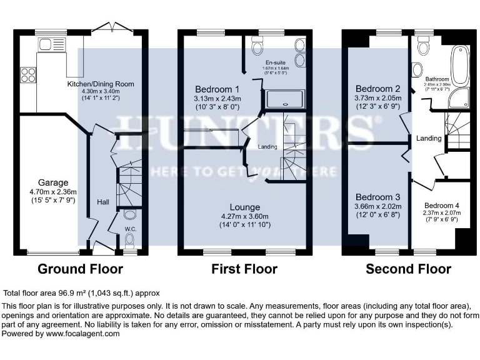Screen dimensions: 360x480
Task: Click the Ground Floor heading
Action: click(80, 269)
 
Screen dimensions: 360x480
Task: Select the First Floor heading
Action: click(244, 269)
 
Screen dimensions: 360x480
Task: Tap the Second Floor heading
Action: click(408, 269)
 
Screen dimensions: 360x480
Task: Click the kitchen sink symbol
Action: click(46, 44)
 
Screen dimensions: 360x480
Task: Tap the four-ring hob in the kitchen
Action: click(28, 74)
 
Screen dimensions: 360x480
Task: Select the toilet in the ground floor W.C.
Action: click(129, 216)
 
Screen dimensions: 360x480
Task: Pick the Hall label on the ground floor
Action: click(103, 202)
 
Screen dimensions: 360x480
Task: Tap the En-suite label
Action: click(275, 63)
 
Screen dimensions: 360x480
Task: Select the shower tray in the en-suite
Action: click(285, 99)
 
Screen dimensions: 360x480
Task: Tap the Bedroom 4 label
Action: click(442, 206)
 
